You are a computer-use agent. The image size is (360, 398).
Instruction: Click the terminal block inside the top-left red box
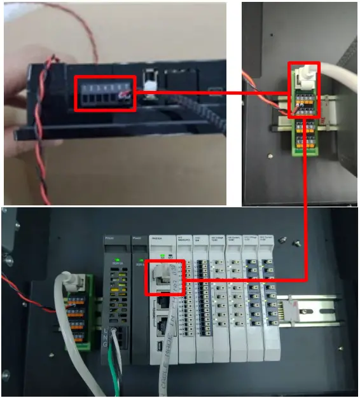105,95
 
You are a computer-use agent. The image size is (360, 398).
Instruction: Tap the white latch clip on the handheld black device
151,83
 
